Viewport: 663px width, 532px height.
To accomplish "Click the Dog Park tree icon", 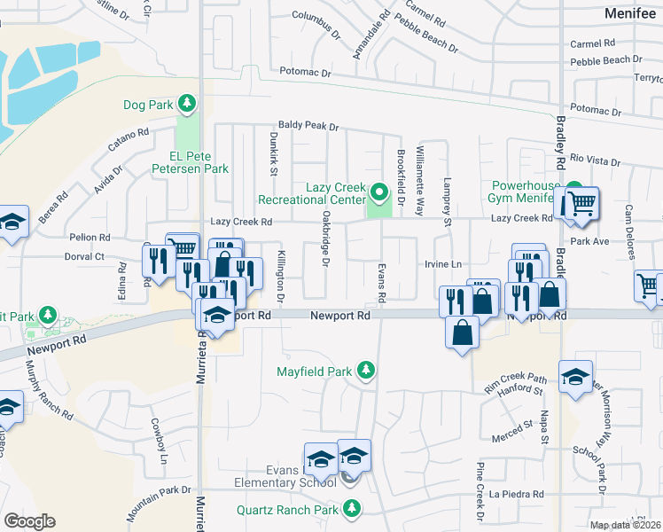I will click(186, 105).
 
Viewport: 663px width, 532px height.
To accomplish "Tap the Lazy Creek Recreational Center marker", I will click(379, 191).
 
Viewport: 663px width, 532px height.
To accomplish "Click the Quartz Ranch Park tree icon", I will click(353, 509).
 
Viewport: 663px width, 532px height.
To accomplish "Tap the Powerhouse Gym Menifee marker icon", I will click(573, 192).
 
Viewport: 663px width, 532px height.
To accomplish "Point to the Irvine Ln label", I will click(444, 264).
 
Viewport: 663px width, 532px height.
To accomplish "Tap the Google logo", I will click(29, 521).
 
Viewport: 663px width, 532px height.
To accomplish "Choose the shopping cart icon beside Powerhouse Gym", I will click(581, 203).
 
